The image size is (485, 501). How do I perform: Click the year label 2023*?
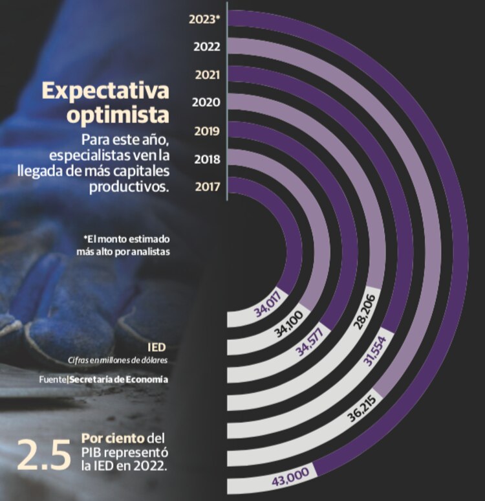tap(204, 19)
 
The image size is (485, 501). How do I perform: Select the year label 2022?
tap(207, 47)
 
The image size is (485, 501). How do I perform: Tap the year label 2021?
tap(208, 74)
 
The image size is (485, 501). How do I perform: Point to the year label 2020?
tap(207, 102)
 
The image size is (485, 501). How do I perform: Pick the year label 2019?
tap(208, 131)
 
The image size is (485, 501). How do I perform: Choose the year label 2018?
tap(208, 159)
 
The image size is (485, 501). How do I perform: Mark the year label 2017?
tap(208, 188)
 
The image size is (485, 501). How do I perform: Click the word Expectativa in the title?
tap(105, 91)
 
